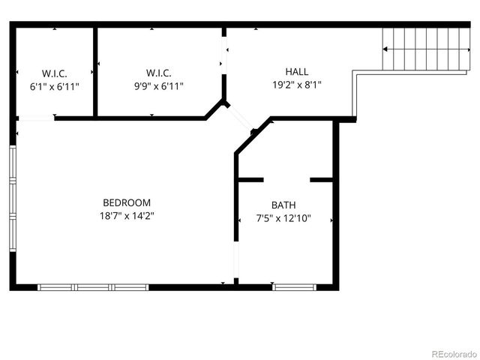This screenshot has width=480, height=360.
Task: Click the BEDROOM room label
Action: pos(127,202)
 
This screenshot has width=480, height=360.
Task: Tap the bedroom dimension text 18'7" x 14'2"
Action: pos(127,215)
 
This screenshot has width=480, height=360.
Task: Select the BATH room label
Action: pos(283,205)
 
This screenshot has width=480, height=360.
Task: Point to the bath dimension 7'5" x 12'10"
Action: pos(283,219)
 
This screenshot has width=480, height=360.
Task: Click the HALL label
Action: pos(296,72)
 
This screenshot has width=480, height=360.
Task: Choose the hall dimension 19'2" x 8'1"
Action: pos(296,85)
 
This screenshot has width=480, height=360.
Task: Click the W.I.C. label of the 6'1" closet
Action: pos(54,73)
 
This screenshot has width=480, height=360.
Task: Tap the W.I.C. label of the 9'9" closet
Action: pos(158,73)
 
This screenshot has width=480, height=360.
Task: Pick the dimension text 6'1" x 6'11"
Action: pos(54,85)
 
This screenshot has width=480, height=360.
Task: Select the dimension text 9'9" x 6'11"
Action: pos(158,85)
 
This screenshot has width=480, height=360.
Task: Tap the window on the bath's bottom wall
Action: pos(295,286)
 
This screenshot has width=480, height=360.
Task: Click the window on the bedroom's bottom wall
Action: pos(93,286)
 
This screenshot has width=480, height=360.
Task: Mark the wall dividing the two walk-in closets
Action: pos(94,72)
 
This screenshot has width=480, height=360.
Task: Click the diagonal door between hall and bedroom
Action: pos(241,118)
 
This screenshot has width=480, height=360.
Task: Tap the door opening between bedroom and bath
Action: pos(236,259)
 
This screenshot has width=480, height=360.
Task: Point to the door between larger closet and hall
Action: pos(223,55)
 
